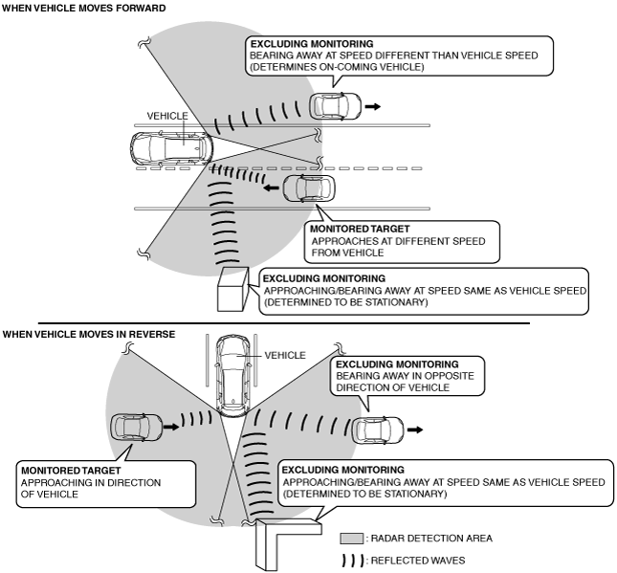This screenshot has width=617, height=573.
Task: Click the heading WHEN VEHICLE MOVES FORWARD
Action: click(x=84, y=9)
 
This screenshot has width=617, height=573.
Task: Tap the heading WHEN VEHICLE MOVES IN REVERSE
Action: click(x=89, y=335)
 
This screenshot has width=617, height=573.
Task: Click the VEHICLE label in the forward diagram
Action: click(x=167, y=116)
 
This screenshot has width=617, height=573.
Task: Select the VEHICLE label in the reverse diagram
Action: click(x=285, y=355)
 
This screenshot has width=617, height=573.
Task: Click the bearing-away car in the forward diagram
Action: click(x=335, y=106)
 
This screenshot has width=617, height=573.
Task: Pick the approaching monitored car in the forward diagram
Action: click(x=309, y=188)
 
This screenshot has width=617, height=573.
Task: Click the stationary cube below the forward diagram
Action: click(x=233, y=289)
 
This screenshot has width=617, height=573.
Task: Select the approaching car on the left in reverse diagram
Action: click(x=136, y=428)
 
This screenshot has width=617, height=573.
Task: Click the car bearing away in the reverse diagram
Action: click(x=378, y=430)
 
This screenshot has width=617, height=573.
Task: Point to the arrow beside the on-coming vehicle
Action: click(x=373, y=106)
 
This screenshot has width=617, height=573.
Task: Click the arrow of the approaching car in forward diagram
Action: click(x=271, y=188)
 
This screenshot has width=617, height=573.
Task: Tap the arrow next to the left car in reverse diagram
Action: click(x=171, y=427)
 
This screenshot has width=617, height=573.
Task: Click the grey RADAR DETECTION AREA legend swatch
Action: click(x=352, y=539)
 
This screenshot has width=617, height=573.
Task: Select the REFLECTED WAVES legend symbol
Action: click(x=352, y=561)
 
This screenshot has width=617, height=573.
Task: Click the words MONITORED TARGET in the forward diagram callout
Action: click(x=360, y=229)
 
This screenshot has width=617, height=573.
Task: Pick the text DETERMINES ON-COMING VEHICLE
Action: click(x=337, y=67)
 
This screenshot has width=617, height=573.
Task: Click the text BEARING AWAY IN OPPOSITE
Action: click(x=405, y=376)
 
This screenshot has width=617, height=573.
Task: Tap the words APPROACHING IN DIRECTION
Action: click(x=91, y=483)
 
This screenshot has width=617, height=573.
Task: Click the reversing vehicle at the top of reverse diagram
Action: click(x=233, y=375)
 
